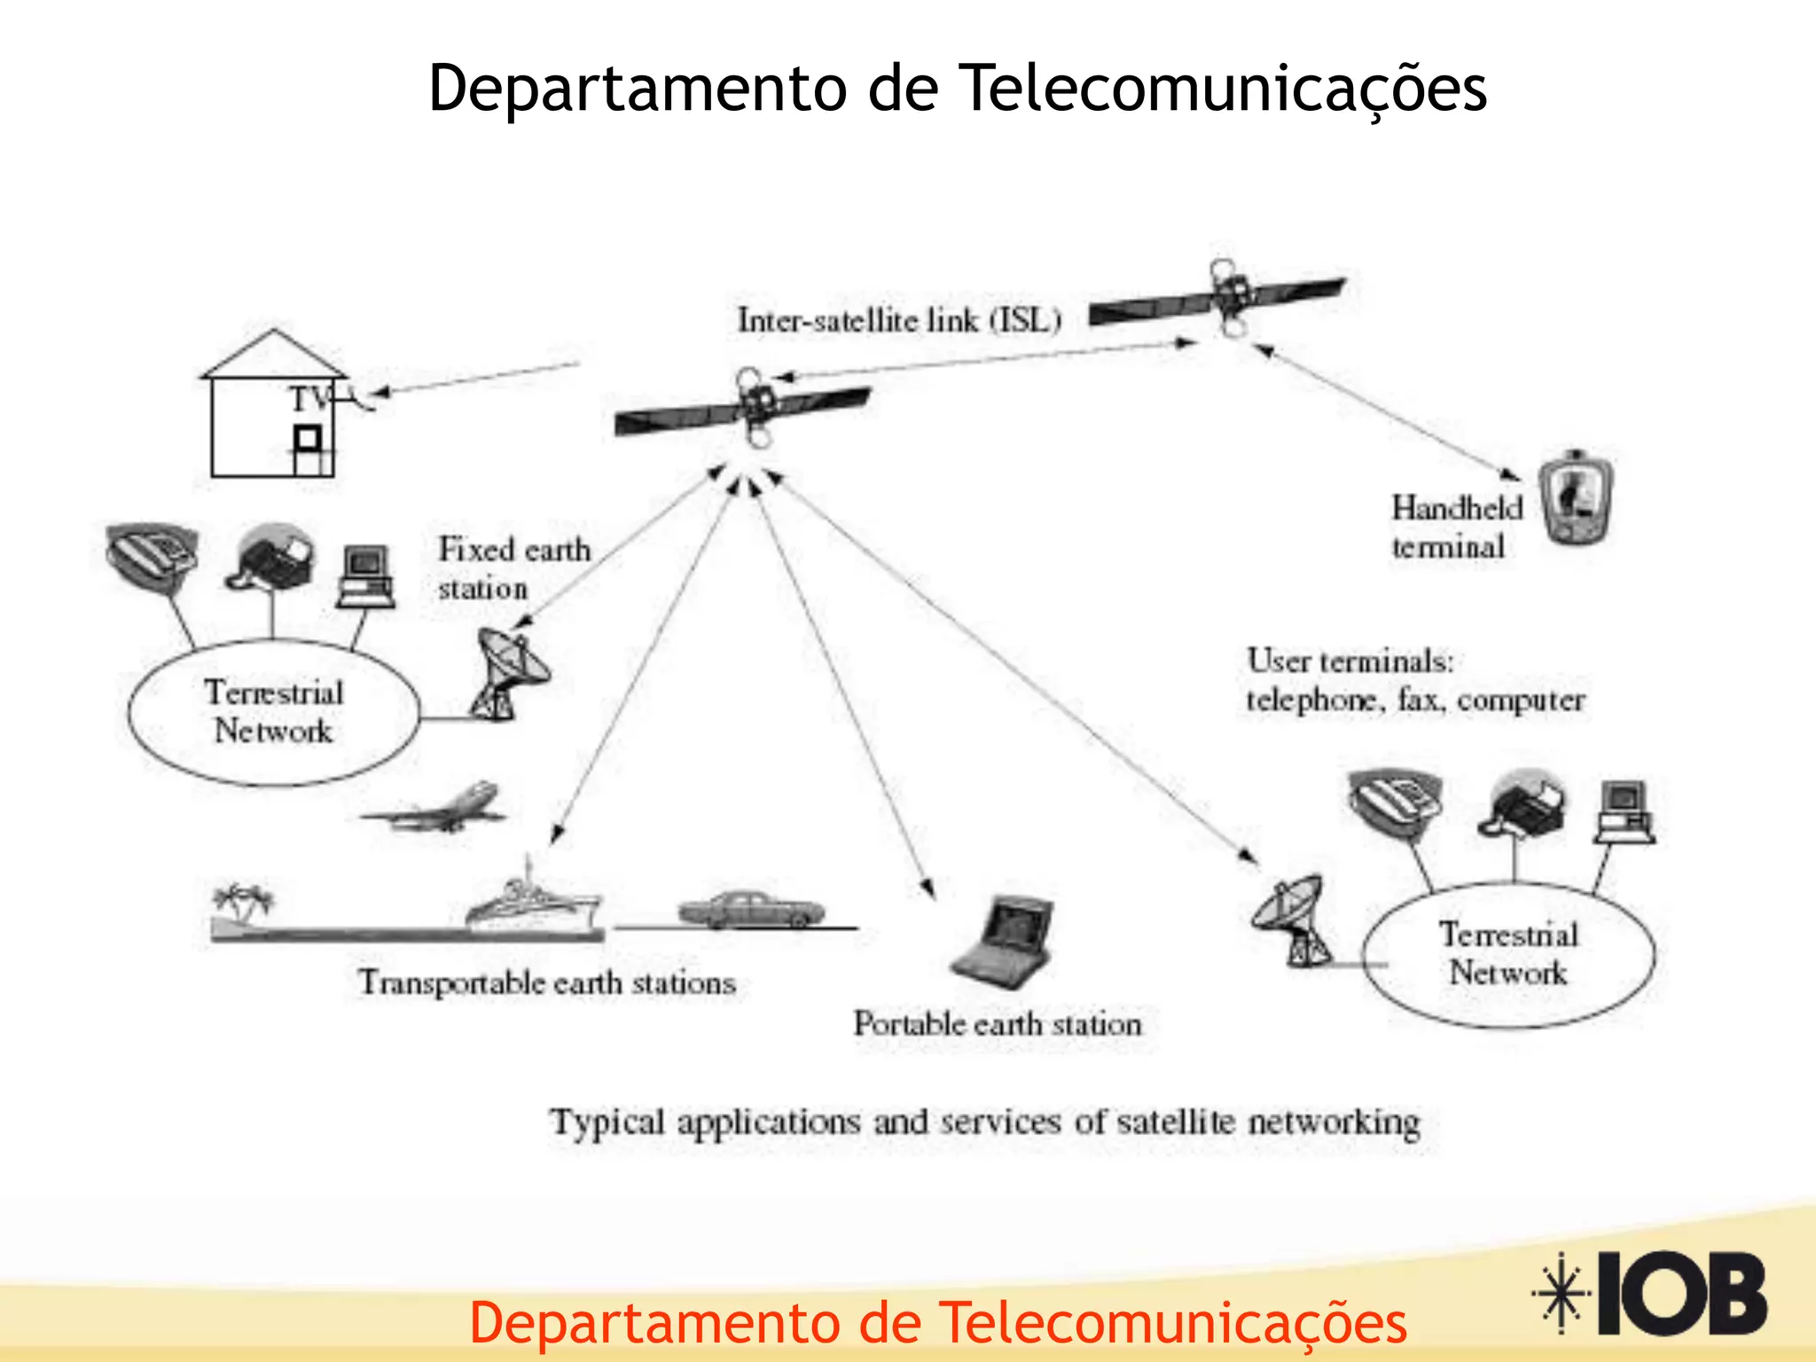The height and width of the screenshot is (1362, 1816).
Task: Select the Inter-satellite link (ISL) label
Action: (x=899, y=320)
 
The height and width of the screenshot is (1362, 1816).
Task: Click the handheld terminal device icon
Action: (x=1576, y=498)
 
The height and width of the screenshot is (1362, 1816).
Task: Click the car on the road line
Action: (x=750, y=910)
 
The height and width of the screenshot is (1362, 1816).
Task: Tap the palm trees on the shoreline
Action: (x=242, y=903)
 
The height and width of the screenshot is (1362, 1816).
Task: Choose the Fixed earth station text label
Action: (x=513, y=568)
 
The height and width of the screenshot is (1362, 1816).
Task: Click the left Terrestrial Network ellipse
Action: (x=273, y=712)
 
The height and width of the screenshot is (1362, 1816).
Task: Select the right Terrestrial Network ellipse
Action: (x=1507, y=954)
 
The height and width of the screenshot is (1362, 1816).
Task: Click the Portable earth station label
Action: (x=998, y=1024)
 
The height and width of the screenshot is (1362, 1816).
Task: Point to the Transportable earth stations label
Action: (x=547, y=982)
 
